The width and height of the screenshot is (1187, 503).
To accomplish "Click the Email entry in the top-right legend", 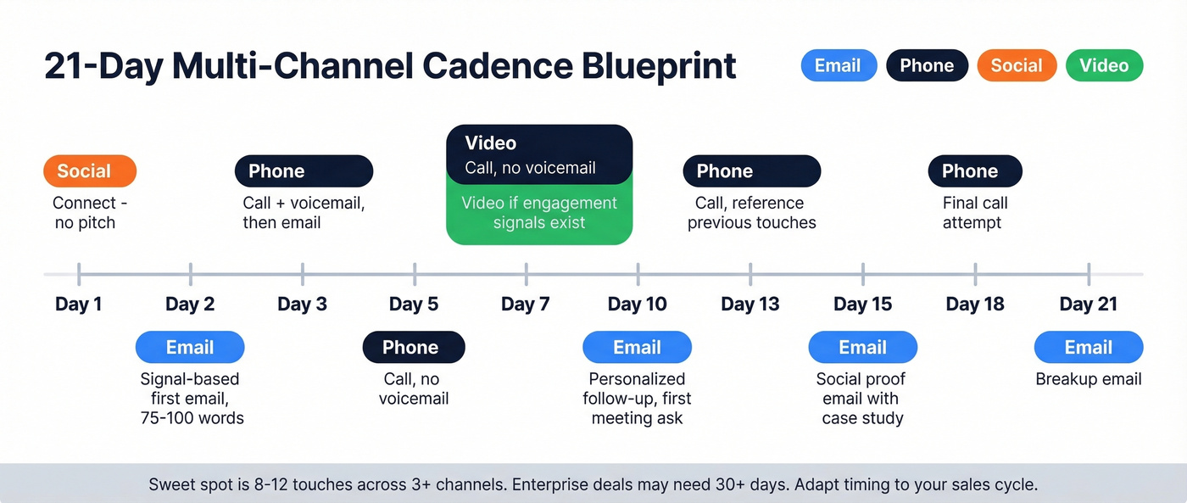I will click(838, 66).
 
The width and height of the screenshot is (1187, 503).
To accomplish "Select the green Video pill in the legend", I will click(1104, 66).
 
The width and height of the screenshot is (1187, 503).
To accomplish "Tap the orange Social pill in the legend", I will click(1016, 66).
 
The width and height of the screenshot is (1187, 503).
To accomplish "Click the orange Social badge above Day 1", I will click(89, 171).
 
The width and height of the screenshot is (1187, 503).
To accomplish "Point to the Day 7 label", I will click(526, 304).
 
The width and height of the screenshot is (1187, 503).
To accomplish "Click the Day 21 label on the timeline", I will click(1088, 304).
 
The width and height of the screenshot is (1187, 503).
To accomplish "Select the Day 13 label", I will click(750, 304).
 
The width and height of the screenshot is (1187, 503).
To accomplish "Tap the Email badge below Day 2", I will click(190, 348).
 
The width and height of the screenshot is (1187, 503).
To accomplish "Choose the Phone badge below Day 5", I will click(413, 348).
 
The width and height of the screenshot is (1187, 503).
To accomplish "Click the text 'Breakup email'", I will click(1088, 379).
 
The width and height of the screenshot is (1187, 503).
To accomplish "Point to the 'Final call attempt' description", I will click(974, 213).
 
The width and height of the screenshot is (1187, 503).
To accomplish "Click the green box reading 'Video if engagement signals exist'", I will click(539, 214).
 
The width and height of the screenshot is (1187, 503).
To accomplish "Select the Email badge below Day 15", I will click(862, 348).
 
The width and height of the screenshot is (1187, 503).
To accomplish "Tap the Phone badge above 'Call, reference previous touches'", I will click(751, 171).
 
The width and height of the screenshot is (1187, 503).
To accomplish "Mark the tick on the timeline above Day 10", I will click(638, 274).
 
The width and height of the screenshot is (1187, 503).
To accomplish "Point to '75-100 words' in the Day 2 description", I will click(192, 418).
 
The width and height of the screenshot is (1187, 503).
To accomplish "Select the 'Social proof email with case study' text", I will click(861, 399).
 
